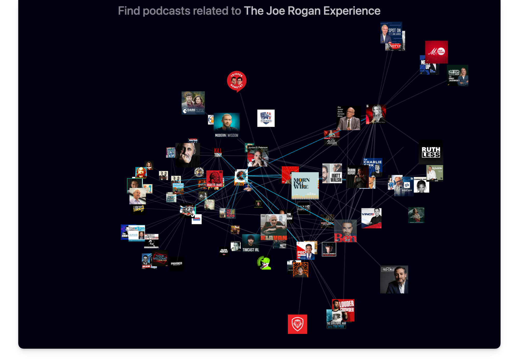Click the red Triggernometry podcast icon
(x=236, y=81)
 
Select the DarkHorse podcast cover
(x=193, y=103)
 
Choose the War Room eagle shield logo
(x=266, y=118)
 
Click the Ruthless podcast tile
(x=431, y=152)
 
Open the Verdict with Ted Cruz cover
(x=394, y=279)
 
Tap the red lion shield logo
(x=297, y=324)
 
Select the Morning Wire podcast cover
(x=305, y=185)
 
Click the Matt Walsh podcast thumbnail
(x=332, y=173)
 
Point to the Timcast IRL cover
(x=251, y=243)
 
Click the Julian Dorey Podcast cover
(x=329, y=249)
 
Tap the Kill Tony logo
(x=218, y=153)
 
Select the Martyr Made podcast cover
(x=214, y=179)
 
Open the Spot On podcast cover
(x=391, y=32)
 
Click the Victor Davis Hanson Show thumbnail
(x=348, y=118)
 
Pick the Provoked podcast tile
(x=176, y=264)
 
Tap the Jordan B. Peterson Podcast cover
(x=258, y=156)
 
